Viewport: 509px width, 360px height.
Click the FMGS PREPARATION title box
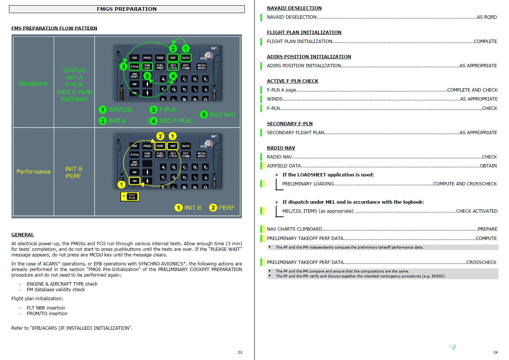point(127,9)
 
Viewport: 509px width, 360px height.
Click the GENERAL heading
point(22,235)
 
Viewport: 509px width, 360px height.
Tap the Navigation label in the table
point(34,83)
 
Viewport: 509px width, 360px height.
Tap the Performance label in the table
point(34,172)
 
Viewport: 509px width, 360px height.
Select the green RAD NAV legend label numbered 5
point(222,115)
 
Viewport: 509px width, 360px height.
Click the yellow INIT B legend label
point(192,207)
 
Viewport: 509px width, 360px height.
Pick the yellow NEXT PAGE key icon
point(130,196)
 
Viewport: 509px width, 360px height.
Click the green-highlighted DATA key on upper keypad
point(186,58)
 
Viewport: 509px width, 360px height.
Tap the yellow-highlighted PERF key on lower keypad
point(160,146)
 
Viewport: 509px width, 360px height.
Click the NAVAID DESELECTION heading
point(294,8)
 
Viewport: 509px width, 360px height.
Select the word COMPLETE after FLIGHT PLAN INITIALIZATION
point(485,41)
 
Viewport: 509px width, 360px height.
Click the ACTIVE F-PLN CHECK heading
point(293,81)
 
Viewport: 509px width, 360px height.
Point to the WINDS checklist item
point(275,99)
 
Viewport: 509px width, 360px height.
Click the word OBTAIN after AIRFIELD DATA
point(488,166)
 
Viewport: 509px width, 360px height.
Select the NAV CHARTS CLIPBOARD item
point(294,229)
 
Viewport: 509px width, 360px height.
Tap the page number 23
point(240,352)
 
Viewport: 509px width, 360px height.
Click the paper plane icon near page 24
point(453,347)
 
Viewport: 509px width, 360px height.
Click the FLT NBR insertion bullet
point(46,308)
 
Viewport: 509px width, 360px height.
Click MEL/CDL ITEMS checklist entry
point(318,211)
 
